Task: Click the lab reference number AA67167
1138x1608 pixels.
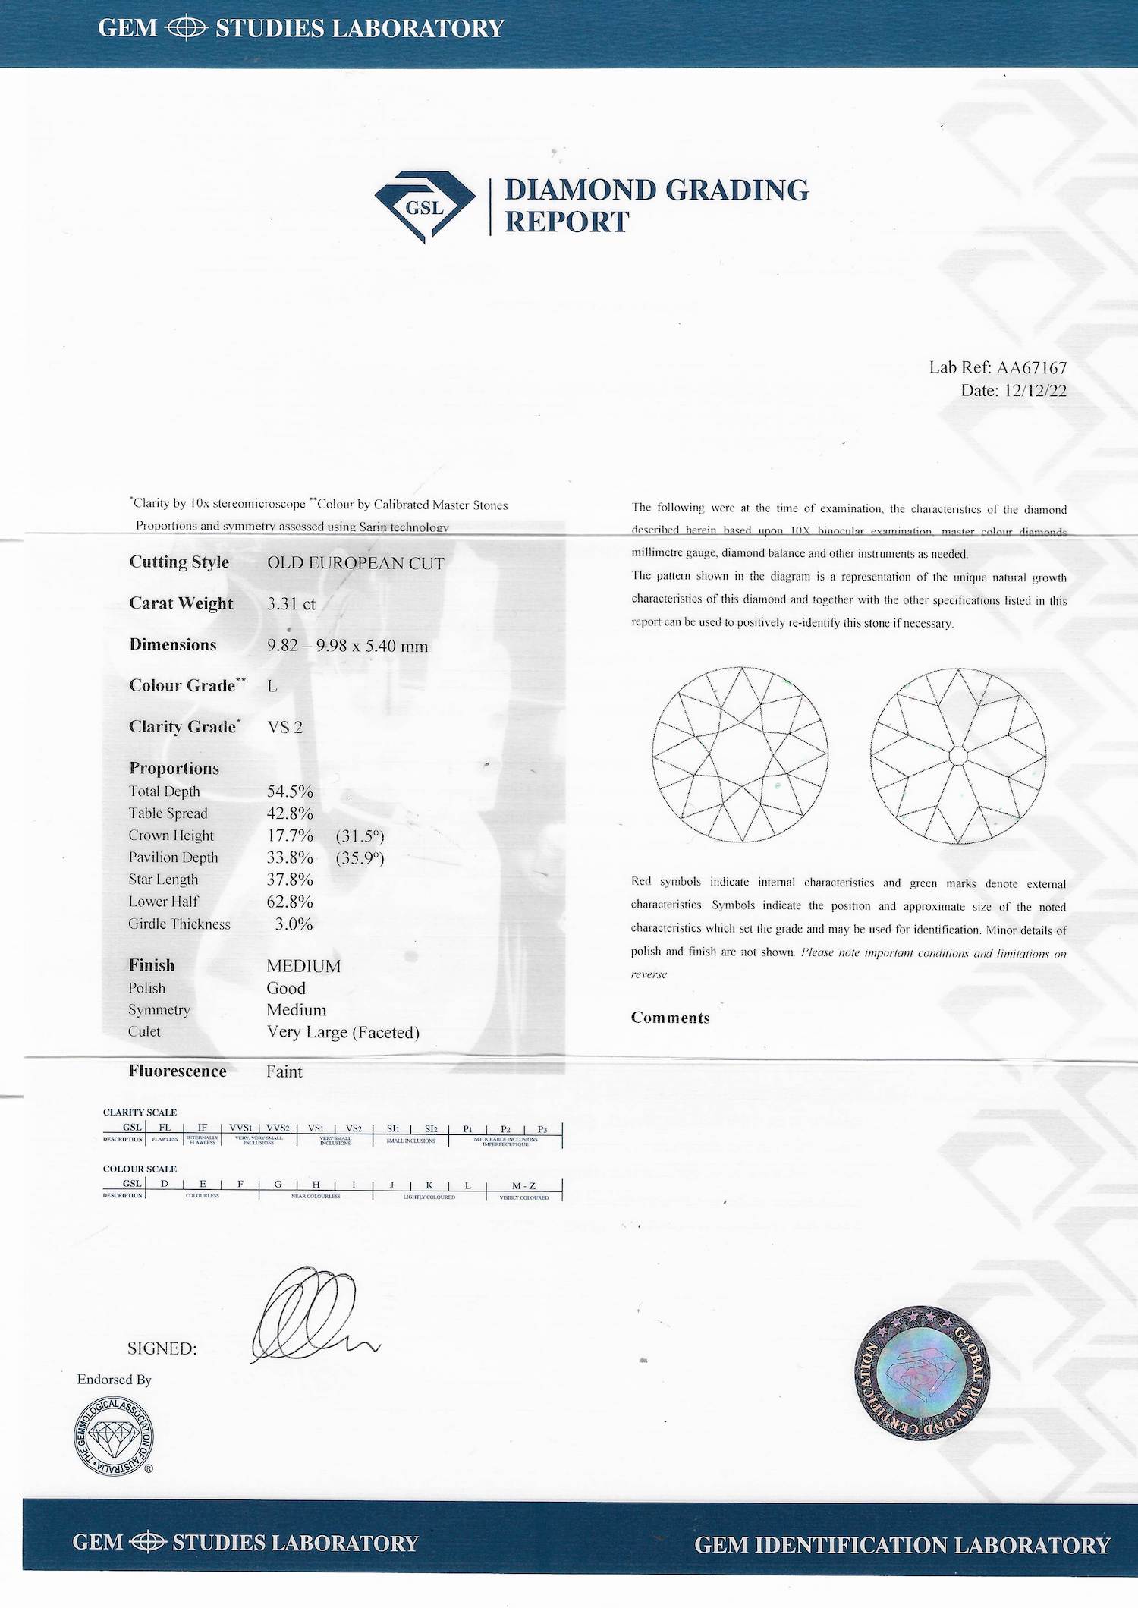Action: (1031, 368)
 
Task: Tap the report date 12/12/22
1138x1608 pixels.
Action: (1035, 391)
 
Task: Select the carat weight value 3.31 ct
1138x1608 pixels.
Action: (291, 604)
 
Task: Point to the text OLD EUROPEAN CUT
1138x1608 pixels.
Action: (355, 563)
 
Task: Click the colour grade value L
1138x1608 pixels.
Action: (272, 686)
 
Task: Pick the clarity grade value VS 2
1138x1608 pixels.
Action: (285, 727)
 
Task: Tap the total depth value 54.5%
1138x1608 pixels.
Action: (290, 791)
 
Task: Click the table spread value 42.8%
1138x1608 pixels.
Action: (290, 813)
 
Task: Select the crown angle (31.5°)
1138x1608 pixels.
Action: (360, 836)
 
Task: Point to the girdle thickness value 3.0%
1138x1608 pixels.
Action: (294, 924)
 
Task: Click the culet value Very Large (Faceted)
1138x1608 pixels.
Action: (343, 1032)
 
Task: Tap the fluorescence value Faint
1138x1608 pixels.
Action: (284, 1071)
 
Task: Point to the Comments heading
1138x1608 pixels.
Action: (670, 1018)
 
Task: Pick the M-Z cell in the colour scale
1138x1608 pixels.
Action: (523, 1185)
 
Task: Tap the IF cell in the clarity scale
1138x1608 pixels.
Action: (203, 1128)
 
